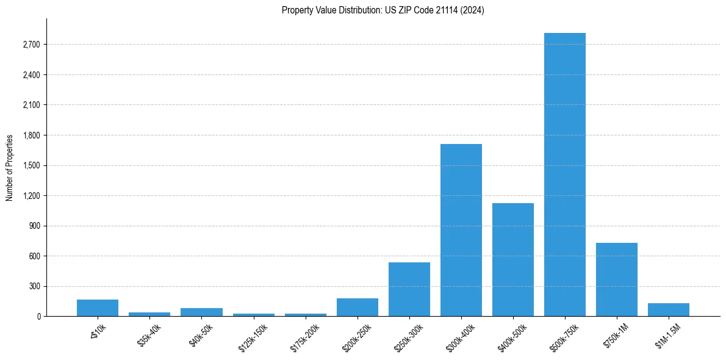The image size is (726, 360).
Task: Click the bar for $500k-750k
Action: coord(565,175)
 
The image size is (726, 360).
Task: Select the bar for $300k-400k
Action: coord(461,230)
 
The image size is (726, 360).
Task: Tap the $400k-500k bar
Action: coord(513,259)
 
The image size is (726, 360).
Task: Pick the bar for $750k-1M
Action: coord(617,279)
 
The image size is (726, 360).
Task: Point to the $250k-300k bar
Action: coord(409,289)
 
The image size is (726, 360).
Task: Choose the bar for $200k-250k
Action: coord(358,307)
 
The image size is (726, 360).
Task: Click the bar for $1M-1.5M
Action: coord(669,309)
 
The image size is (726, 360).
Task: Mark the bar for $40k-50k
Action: coord(201,312)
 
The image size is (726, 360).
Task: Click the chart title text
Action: coord(383,10)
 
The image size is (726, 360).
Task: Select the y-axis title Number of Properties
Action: coord(9,167)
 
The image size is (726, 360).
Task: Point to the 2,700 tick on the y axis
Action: coord(31,45)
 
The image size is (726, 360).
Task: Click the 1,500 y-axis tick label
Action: coord(31,165)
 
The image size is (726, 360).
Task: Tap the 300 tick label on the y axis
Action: coord(35,286)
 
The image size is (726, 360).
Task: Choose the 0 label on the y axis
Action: coord(38,317)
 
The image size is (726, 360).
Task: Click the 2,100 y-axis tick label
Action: coord(31,105)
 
